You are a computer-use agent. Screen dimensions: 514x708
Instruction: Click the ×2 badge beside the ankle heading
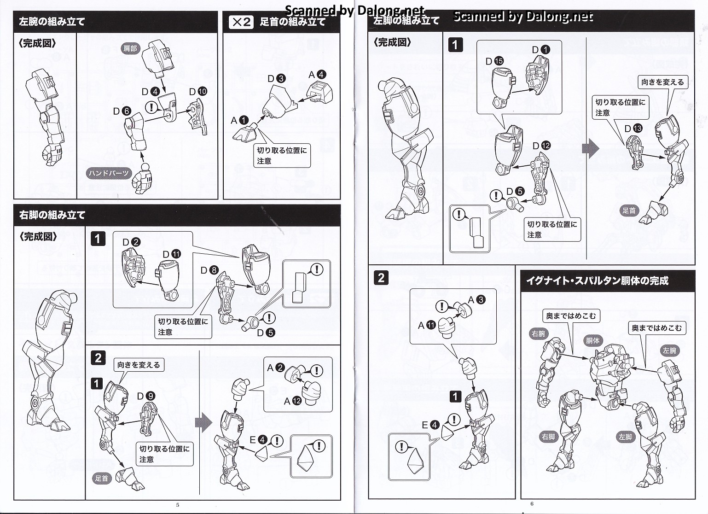point(241,22)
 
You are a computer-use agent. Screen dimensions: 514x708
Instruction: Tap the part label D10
point(198,92)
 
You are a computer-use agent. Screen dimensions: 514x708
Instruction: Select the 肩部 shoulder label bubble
point(130,48)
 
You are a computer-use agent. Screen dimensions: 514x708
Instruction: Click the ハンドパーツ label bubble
point(109,173)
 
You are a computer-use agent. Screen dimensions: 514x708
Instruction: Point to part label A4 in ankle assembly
point(317,75)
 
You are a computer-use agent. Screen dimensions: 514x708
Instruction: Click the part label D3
point(276,79)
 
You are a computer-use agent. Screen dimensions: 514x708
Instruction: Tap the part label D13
point(633,128)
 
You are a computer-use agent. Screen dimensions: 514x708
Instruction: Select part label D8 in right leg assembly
point(209,270)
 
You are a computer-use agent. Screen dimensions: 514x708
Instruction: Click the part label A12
point(292,401)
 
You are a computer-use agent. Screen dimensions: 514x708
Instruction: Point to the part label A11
point(426,325)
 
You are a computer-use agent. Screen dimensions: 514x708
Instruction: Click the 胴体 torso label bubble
point(592,341)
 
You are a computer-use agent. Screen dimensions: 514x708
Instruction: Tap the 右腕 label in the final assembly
point(538,334)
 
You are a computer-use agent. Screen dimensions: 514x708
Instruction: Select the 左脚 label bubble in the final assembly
point(625,437)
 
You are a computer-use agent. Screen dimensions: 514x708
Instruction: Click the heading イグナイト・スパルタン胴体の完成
point(597,280)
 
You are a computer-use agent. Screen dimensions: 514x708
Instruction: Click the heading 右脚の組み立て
point(52,215)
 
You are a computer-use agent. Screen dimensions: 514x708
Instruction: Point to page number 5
point(178,505)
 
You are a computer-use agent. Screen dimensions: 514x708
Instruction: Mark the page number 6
point(532,503)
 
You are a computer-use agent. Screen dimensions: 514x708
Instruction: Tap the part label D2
point(131,242)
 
